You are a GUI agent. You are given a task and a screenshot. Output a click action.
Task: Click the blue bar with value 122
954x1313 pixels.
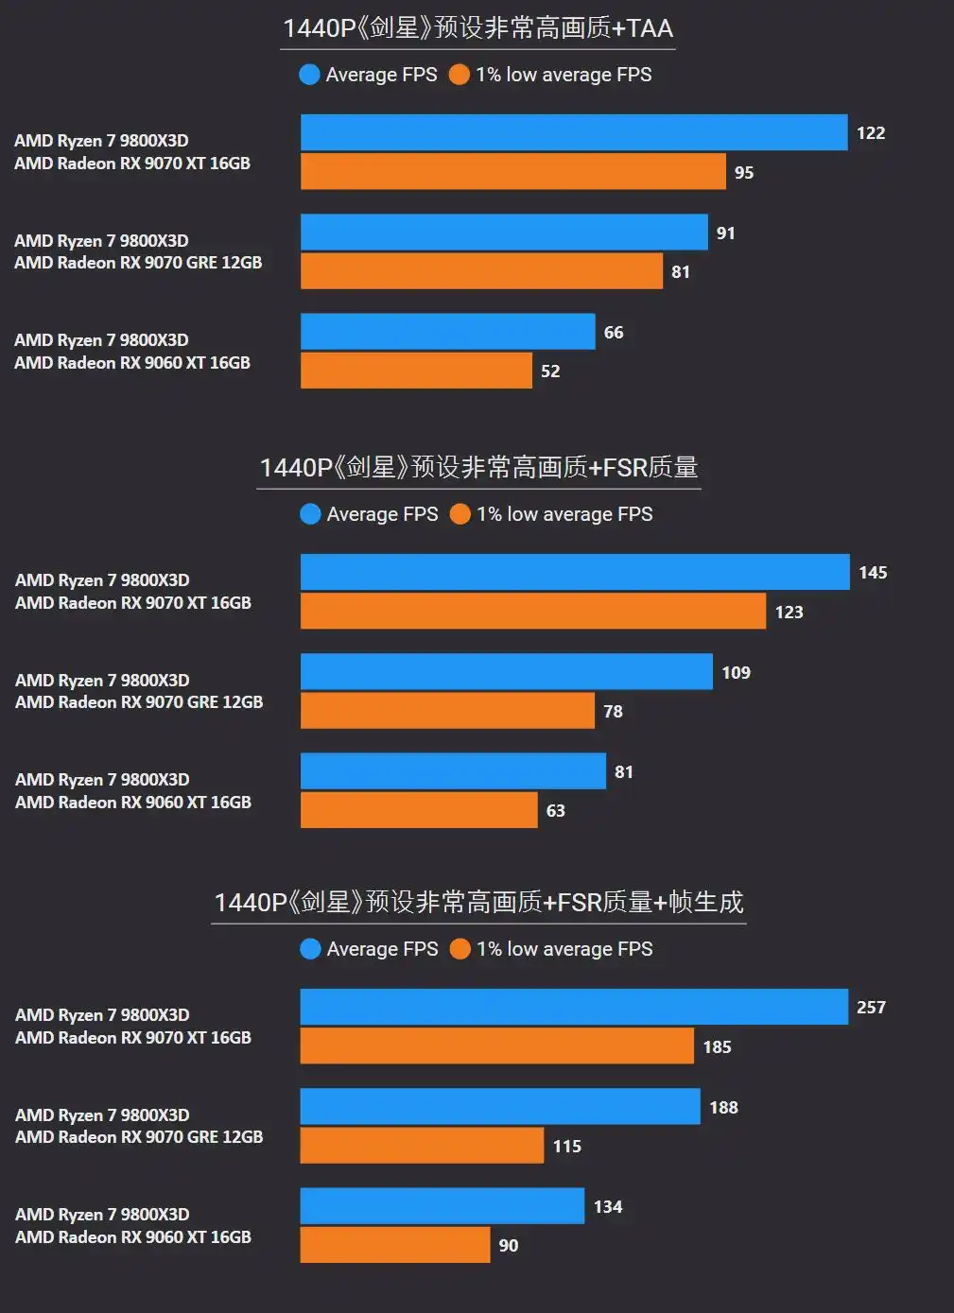(574, 132)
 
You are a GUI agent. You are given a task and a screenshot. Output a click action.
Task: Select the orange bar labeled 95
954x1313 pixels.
(513, 172)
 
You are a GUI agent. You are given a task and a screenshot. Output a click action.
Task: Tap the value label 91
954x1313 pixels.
(726, 233)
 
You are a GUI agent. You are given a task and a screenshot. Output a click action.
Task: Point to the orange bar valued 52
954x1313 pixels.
(416, 371)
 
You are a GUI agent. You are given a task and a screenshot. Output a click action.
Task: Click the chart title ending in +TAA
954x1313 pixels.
(478, 28)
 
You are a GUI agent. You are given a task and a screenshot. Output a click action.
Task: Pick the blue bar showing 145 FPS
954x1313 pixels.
(575, 572)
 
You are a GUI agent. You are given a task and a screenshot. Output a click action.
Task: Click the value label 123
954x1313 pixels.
(789, 613)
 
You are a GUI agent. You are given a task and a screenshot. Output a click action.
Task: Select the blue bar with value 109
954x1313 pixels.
(507, 672)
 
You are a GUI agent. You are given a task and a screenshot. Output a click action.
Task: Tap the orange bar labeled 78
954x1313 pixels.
(447, 711)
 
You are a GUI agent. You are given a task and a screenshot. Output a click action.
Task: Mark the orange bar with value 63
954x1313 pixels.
(419, 810)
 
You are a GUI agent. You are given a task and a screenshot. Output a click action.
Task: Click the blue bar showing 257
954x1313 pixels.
(574, 1007)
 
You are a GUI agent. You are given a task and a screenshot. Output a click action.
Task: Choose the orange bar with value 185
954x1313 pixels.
(496, 1046)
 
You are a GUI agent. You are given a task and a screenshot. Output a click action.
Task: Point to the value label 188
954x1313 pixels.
(723, 1108)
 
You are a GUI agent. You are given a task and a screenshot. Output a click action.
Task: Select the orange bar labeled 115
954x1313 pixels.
(422, 1146)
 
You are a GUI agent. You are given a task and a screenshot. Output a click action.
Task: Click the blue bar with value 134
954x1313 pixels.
(442, 1206)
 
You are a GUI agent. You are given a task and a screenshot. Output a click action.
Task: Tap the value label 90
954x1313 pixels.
(509, 1246)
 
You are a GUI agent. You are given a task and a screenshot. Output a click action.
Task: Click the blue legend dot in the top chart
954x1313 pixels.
(309, 75)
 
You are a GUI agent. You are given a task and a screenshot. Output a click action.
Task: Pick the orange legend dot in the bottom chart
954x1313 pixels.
(460, 949)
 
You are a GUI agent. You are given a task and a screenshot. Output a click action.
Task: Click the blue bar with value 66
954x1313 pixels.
(448, 332)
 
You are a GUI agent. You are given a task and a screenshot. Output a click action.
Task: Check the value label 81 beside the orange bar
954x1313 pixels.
(681, 272)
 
